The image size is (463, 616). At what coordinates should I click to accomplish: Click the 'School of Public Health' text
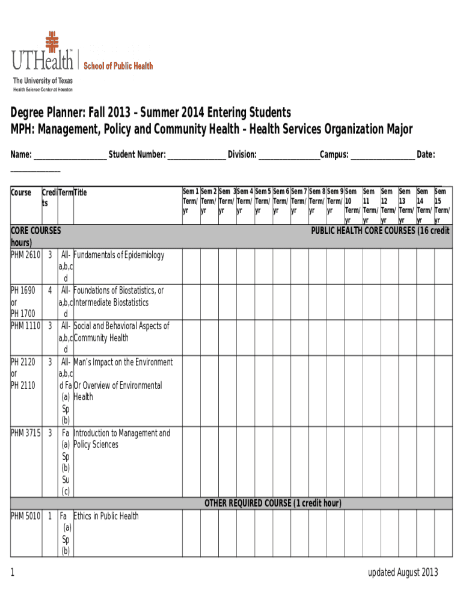pos(118,66)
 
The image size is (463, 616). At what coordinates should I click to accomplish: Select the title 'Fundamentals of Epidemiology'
pos(118,255)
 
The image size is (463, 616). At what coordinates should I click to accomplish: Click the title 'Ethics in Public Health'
pos(106,516)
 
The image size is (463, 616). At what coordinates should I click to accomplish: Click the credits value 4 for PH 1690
pos(49,291)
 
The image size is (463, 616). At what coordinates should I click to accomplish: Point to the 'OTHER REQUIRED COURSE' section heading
pos(273,503)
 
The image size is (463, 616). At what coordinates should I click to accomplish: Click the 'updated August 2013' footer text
pos(403,572)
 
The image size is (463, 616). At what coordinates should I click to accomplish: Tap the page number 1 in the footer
pos(13,573)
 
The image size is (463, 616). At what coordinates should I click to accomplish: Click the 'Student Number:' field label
pos(137,155)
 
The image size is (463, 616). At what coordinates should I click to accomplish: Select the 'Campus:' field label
pos(334,155)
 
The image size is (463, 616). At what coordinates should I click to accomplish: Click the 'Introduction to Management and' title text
pos(121,433)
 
